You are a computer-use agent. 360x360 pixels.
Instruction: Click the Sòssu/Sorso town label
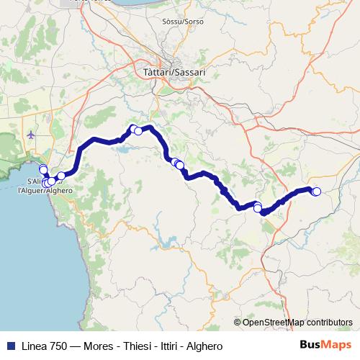coord(184,22)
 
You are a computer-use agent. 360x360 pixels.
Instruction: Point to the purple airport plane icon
coord(30,135)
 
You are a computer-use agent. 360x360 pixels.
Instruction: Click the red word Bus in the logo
coord(311,345)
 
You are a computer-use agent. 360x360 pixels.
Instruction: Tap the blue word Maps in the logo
coord(338,345)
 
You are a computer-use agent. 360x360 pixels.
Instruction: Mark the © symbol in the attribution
coord(238,323)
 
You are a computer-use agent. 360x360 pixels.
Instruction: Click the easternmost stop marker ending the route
coord(316,191)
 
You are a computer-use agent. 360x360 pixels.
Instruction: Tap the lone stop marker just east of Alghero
coord(61,176)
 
